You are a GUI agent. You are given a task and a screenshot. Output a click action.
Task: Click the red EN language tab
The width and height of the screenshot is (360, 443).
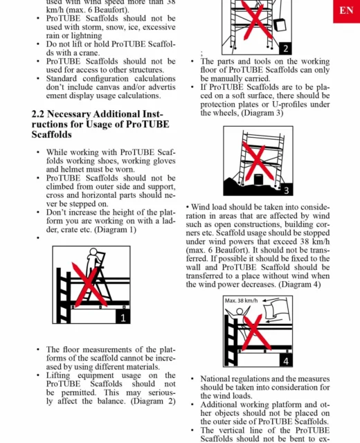click(346, 11)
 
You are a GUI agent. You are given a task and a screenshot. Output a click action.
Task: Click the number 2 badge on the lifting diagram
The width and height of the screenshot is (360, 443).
click(285, 48)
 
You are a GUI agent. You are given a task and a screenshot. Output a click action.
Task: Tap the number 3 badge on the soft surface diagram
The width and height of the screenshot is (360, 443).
click(286, 190)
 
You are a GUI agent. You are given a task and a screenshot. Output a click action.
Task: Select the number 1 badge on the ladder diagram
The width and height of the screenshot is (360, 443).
click(123, 318)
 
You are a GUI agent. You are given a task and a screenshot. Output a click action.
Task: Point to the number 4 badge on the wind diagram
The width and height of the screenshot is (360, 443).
click(286, 361)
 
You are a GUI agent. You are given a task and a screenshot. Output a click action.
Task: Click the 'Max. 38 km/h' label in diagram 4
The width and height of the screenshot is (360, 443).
click(241, 300)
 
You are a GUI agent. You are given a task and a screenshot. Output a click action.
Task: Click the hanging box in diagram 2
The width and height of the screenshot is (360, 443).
click(280, 25)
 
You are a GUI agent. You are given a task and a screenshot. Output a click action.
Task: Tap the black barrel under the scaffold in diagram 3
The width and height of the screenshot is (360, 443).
click(258, 180)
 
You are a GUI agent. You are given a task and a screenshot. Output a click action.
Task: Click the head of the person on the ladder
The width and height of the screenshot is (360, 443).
click(93, 252)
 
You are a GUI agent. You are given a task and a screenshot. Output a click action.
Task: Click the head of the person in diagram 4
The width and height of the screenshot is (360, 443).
click(240, 311)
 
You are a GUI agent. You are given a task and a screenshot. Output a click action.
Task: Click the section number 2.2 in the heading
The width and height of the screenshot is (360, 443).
click(38, 114)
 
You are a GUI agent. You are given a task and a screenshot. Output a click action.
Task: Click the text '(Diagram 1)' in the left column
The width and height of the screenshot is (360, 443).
click(115, 229)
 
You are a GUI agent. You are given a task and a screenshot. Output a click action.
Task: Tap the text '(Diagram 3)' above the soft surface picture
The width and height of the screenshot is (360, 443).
click(262, 113)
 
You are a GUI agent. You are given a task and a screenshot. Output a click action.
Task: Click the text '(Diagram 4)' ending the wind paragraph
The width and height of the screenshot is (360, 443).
click(300, 284)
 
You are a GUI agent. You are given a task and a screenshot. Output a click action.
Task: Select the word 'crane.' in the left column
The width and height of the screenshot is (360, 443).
click(89, 53)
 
